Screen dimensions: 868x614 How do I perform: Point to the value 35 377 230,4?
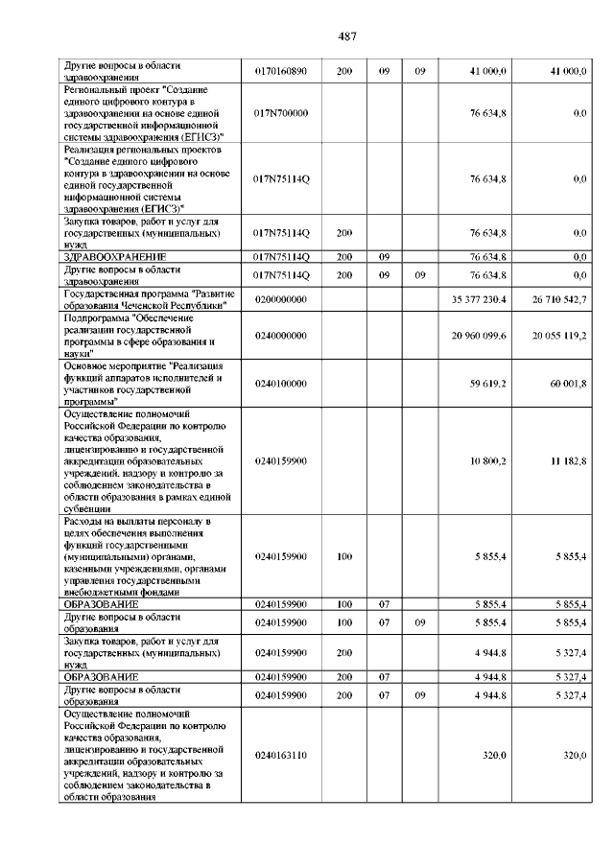coord(479,300)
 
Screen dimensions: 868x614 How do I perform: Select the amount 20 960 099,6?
coord(479,336)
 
